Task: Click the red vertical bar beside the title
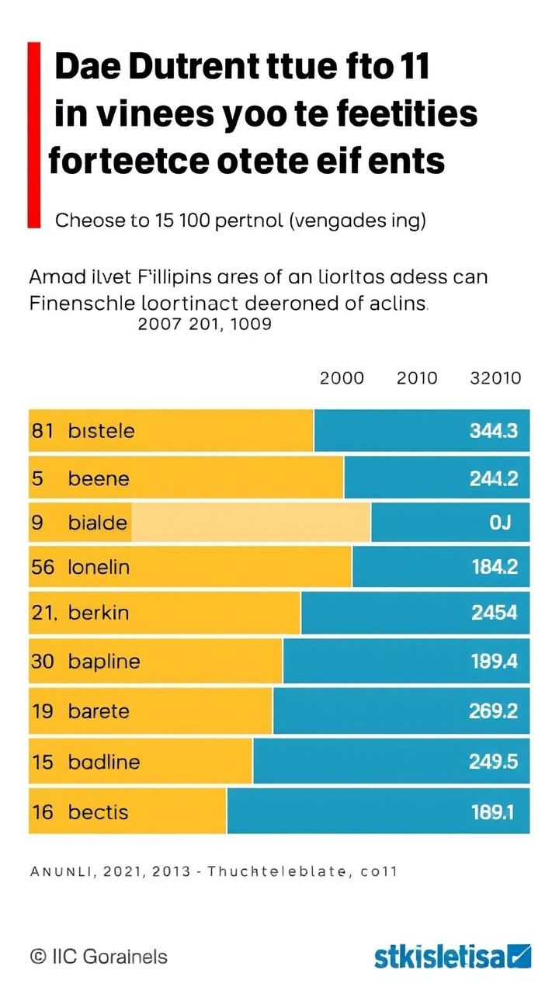(x=33, y=135)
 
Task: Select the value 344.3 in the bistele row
(x=494, y=431)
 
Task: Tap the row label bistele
(x=101, y=431)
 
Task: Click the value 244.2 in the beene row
(x=494, y=478)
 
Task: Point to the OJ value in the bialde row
(x=500, y=523)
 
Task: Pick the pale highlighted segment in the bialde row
(x=251, y=523)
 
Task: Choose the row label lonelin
(x=99, y=568)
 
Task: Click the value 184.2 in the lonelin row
(x=494, y=568)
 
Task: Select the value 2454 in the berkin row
(x=494, y=613)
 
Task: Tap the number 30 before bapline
(x=41, y=662)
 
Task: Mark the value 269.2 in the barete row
(x=494, y=711)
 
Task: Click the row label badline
(x=104, y=762)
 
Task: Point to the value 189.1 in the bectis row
(x=494, y=812)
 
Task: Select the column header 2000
(x=342, y=378)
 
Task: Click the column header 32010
(x=495, y=378)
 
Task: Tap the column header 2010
(x=417, y=378)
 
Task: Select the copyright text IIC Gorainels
(x=99, y=957)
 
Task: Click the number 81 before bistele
(x=42, y=431)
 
